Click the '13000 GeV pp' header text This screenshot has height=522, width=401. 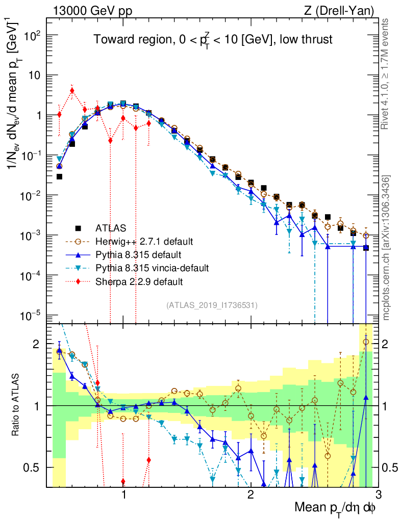point(91,10)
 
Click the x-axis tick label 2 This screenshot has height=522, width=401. point(250,494)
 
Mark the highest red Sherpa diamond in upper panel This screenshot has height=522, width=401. point(72,91)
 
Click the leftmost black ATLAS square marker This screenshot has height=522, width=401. point(59,177)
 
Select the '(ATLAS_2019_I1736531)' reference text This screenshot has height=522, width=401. point(212,305)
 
